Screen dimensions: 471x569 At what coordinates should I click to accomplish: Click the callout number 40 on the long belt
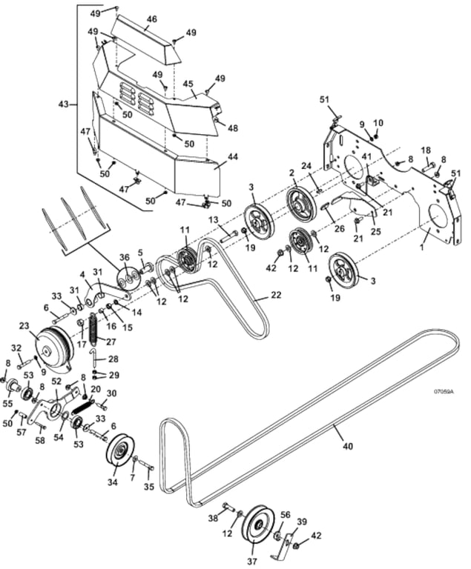(x=348, y=445)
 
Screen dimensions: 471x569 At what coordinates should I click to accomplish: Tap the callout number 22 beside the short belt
(x=276, y=295)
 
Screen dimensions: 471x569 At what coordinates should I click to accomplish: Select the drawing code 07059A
(x=444, y=391)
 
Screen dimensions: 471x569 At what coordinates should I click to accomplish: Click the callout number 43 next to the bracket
(x=64, y=104)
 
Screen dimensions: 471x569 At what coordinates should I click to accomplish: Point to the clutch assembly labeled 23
(x=54, y=347)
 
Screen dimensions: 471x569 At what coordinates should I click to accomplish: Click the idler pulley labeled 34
(x=120, y=449)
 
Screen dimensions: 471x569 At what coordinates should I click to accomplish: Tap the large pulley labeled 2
(x=300, y=204)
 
